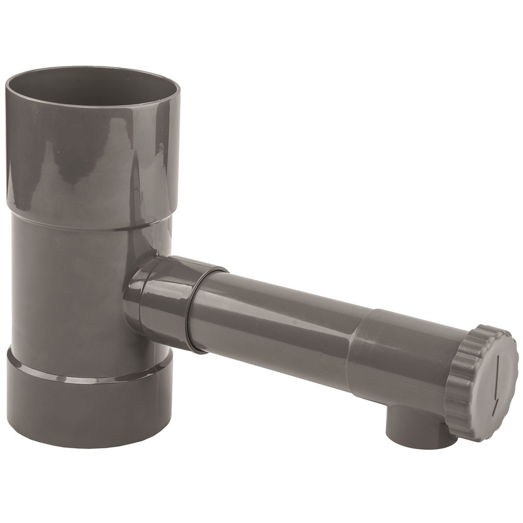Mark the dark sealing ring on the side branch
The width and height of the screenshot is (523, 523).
[194, 309]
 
